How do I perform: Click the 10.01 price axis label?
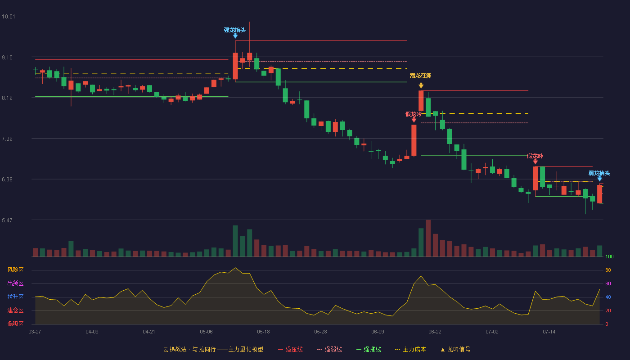click(x=9, y=17)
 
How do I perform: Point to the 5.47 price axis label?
click(x=7, y=220)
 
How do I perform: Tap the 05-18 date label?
click(x=263, y=332)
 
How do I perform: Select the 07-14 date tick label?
click(x=549, y=332)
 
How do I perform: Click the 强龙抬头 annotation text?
click(x=235, y=30)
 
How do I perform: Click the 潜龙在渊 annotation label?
click(x=420, y=76)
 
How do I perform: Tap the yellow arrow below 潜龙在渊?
click(x=421, y=85)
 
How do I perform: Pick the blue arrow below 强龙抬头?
click(x=235, y=36)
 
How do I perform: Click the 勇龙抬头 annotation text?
click(x=599, y=173)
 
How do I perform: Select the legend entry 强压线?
click(x=290, y=349)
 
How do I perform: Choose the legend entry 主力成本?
click(x=410, y=349)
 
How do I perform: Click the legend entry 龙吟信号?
click(x=455, y=349)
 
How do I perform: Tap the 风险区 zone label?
click(x=15, y=270)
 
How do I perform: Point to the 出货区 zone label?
click(x=15, y=283)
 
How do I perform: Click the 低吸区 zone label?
click(x=15, y=324)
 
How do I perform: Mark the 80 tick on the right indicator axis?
click(x=608, y=270)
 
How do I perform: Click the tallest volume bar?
click(x=428, y=238)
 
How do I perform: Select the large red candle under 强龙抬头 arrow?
click(x=235, y=66)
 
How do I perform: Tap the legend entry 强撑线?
click(x=369, y=349)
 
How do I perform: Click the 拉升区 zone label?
click(x=15, y=297)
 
